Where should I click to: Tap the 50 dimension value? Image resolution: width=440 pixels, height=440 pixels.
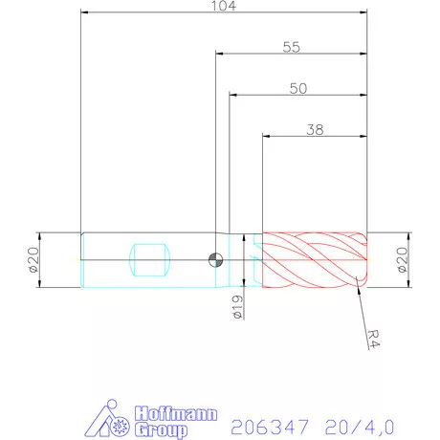click(x=298, y=88)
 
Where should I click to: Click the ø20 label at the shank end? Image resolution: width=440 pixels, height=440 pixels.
click(x=31, y=259)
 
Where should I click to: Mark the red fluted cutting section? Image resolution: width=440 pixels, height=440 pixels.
click(x=315, y=259)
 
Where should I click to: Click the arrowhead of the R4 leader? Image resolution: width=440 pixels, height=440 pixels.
click(x=357, y=282)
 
